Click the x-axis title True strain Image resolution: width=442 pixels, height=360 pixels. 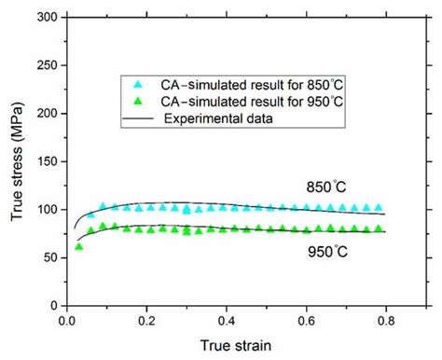[234, 345]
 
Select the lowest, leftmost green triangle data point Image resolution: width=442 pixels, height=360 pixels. [78, 246]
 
